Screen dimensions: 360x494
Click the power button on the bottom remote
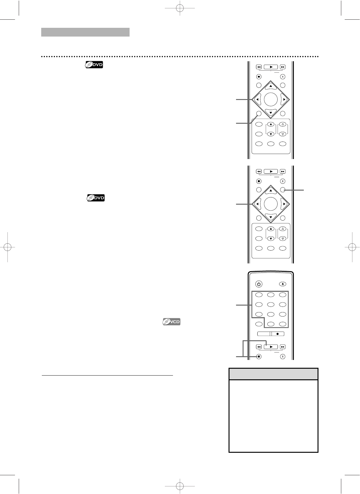click(x=259, y=284)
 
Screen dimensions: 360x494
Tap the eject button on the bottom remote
click(x=283, y=284)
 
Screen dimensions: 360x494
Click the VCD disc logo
click(x=171, y=322)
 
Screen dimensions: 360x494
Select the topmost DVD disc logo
click(x=94, y=65)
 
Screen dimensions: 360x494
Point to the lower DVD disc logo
click(x=96, y=197)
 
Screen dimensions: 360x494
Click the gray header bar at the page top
click(x=85, y=32)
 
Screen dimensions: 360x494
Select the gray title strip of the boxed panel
click(x=274, y=374)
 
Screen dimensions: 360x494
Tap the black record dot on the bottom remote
click(x=277, y=334)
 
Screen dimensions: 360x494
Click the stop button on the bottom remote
click(x=259, y=357)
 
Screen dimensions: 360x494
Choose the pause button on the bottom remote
click(x=283, y=357)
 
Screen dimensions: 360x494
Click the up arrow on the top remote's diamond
click(x=271, y=86)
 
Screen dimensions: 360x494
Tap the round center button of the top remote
click(x=271, y=99)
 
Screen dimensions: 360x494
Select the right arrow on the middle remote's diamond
click(x=284, y=204)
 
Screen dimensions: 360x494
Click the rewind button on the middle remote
click(x=259, y=171)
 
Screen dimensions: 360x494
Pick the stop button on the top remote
click(x=259, y=77)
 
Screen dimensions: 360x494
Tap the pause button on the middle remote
click(x=283, y=181)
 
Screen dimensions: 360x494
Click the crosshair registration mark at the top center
click(x=180, y=8)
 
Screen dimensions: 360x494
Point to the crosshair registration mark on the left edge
click(x=7, y=247)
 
